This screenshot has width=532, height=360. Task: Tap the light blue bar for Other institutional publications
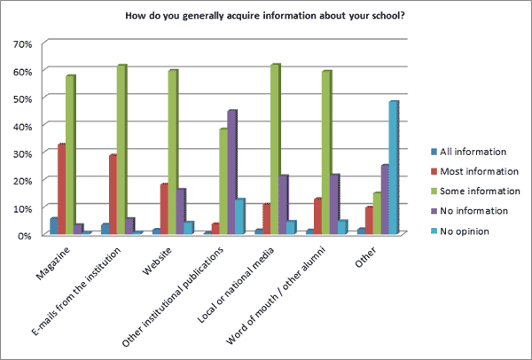[x=239, y=216]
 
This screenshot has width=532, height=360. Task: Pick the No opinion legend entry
[x=465, y=231]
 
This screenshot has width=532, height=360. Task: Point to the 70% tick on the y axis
[x=22, y=43]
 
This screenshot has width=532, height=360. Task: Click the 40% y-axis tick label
[x=22, y=126]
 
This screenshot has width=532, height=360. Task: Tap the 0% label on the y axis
[x=25, y=235]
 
